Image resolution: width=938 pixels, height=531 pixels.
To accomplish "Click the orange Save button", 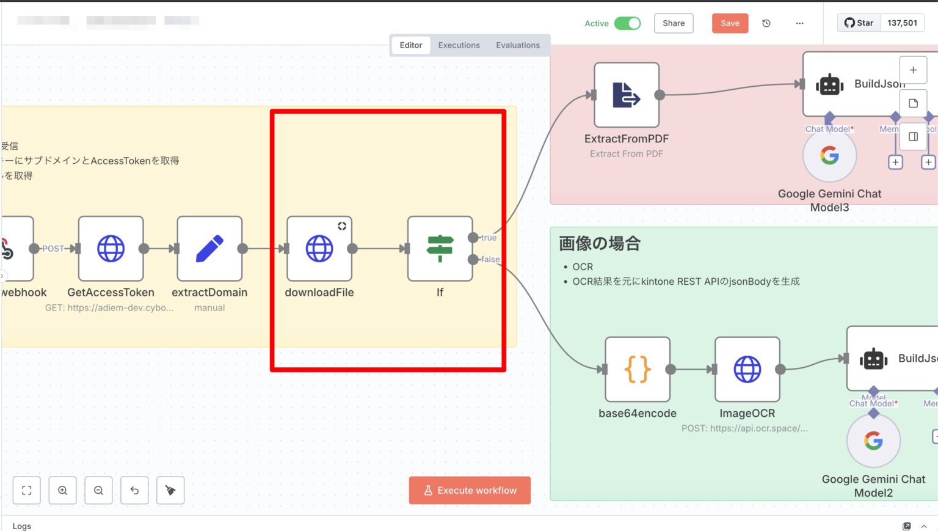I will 730,23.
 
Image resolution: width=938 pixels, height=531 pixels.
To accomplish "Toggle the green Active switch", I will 627,23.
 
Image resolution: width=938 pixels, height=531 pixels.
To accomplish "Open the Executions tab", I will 459,45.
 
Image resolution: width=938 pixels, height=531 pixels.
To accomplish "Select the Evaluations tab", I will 517,45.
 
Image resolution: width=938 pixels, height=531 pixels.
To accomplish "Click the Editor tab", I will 410,45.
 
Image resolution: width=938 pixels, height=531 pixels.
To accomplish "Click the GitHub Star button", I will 859,23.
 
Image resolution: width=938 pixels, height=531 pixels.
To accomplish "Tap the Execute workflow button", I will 470,490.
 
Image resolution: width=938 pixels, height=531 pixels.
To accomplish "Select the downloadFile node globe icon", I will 319,249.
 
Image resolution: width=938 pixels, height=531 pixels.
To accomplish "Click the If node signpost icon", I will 440,249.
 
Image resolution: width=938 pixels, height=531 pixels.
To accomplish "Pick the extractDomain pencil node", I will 209,249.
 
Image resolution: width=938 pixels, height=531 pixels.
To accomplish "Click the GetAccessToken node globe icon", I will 111,249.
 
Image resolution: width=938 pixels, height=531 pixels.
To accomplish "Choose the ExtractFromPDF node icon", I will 627,95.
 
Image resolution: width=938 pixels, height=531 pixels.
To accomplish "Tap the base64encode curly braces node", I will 638,369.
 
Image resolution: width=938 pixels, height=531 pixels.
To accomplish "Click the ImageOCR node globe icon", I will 747,369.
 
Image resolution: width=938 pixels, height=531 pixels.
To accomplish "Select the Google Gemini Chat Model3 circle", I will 829,156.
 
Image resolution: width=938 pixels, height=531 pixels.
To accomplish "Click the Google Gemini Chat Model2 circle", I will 873,441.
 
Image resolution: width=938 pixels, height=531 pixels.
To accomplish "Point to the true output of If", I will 473,238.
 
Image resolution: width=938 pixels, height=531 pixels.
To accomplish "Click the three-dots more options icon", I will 799,23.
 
